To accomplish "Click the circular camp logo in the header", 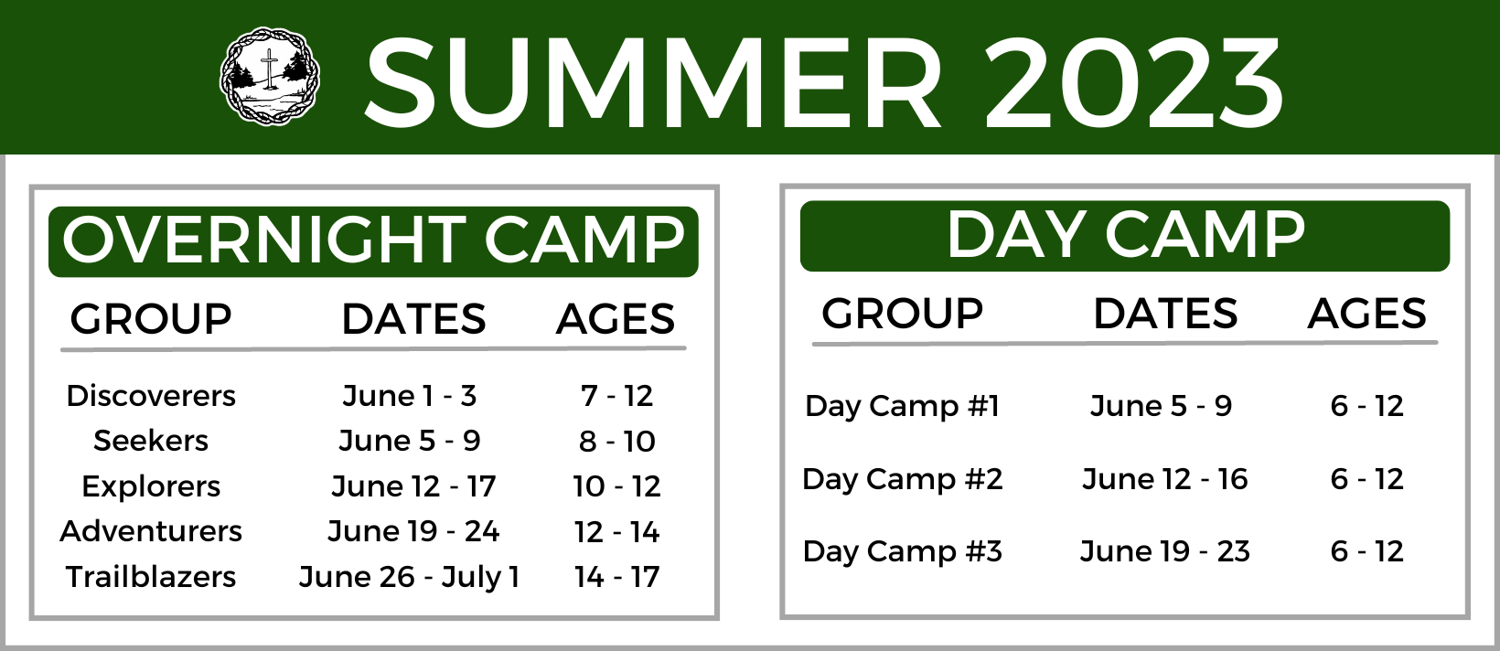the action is (270, 77).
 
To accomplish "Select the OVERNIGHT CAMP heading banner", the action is (374, 241).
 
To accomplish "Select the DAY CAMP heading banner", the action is (1125, 236).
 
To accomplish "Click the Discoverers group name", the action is (151, 396).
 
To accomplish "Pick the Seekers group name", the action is (151, 441).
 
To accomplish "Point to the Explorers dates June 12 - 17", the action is (413, 486).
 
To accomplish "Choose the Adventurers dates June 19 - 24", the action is (413, 532).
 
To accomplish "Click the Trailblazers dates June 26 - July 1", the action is (409, 577).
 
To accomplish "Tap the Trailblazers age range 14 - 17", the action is (616, 577).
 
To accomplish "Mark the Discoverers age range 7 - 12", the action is (616, 396).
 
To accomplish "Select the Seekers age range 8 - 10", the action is (616, 442).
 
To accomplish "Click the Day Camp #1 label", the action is (902, 407).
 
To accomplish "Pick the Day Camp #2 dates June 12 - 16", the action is (1165, 479).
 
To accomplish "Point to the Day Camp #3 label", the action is (902, 552).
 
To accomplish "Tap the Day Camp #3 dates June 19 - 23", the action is (1165, 552).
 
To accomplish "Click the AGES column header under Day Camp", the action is (1366, 315).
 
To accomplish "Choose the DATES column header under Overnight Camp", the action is (413, 319).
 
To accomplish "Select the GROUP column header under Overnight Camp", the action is (151, 319).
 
